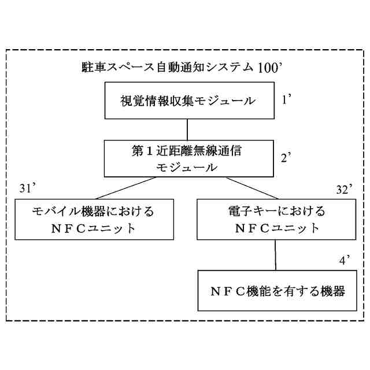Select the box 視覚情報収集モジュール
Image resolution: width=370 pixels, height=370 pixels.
click(x=187, y=101)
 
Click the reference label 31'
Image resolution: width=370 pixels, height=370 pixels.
click(x=28, y=188)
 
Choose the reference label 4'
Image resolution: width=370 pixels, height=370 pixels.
click(x=346, y=260)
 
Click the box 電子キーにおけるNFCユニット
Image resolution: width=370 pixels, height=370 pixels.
click(x=277, y=219)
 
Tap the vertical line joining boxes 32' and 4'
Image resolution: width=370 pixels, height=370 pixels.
click(x=275, y=254)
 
